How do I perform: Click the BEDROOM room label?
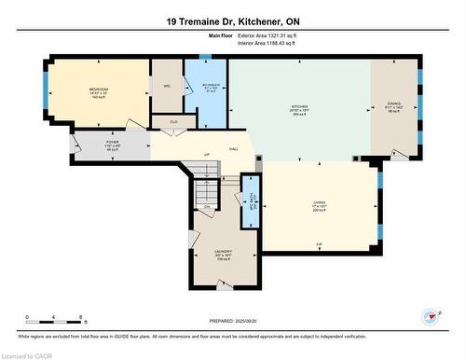tap(99, 91)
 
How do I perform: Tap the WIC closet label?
tap(167, 86)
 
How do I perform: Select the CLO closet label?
tap(173, 121)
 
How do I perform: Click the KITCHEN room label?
tap(298, 107)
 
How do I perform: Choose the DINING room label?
tap(396, 105)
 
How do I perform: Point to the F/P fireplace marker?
tap(319, 245)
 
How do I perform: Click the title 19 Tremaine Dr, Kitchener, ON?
tap(233, 21)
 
